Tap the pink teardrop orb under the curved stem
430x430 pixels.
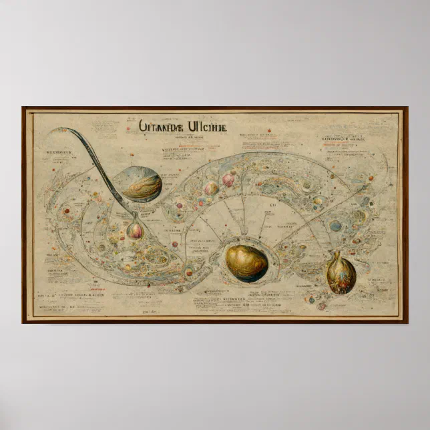click(135, 230)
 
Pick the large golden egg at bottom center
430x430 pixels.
click(246, 262)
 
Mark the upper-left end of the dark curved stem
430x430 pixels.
click(61, 130)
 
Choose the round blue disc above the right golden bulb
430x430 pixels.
click(335, 226)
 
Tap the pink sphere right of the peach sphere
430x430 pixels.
click(228, 180)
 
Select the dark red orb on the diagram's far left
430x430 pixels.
click(67, 211)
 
